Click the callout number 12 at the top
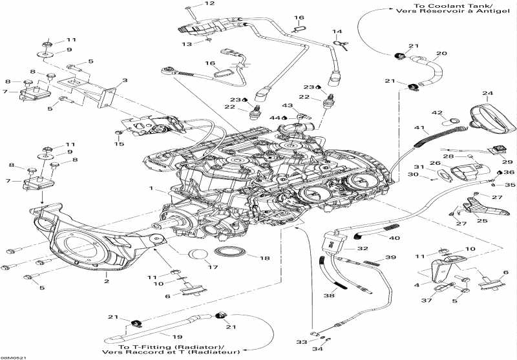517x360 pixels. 209,4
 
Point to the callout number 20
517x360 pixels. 441,54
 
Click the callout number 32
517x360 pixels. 363,248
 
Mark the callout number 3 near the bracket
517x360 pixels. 125,80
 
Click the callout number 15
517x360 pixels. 118,143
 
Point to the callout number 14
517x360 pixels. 337,31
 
